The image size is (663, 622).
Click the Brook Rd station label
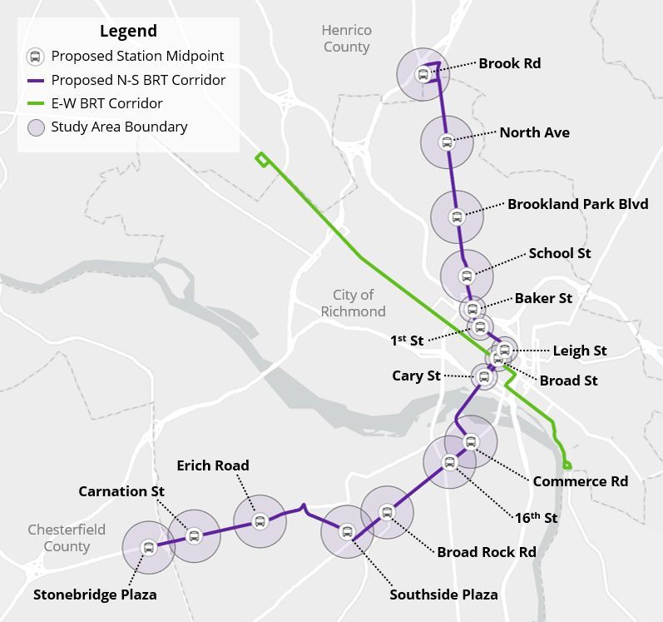[510, 63]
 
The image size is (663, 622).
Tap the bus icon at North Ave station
[447, 142]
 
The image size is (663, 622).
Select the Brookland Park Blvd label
[577, 204]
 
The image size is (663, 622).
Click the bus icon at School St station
[466, 276]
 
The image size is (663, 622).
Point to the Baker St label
[543, 298]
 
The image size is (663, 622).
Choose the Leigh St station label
[580, 351]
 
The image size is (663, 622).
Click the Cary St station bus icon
[484, 377]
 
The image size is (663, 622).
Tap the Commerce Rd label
[581, 481]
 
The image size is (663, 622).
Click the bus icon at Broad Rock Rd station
[386, 512]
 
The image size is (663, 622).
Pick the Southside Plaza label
[443, 595]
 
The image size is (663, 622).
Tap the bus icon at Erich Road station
[260, 522]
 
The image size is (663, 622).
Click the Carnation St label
[121, 491]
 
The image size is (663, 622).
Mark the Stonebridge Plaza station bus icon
[149, 548]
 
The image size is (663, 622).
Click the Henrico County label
[346, 38]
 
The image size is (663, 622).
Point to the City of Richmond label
[354, 303]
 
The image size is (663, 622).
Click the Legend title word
[128, 32]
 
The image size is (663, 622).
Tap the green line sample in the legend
[35, 104]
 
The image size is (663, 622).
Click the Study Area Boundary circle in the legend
[35, 127]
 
